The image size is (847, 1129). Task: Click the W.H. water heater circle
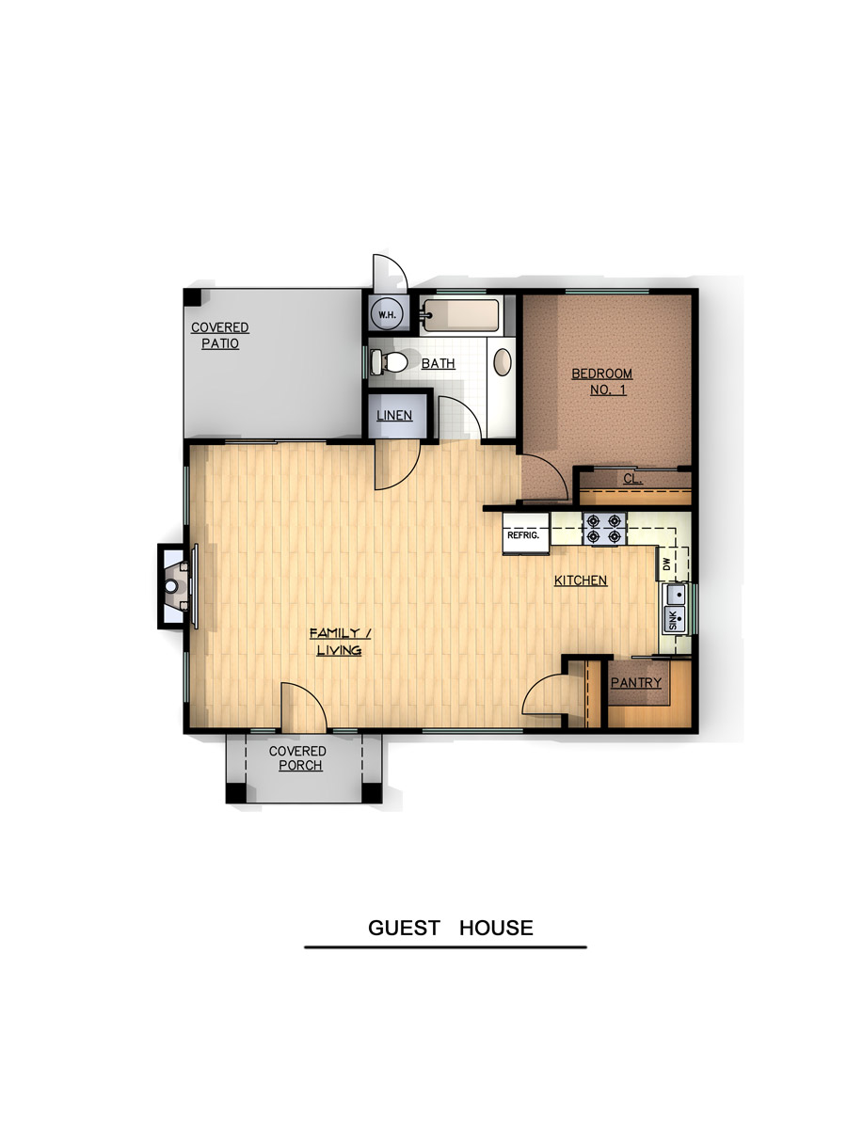point(387,314)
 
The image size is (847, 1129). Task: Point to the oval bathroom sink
point(503,361)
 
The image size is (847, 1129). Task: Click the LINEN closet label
point(394,415)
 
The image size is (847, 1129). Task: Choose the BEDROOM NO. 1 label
point(602,382)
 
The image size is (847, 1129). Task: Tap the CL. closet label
point(632,479)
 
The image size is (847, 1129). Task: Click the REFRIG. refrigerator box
point(525,533)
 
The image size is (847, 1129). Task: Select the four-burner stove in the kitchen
point(604,529)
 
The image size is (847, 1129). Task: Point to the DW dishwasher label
point(667,564)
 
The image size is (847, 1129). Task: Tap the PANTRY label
point(636,683)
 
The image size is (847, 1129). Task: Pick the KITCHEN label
point(581,580)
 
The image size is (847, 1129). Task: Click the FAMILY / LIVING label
point(340,642)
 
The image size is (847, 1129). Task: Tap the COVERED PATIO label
point(220,335)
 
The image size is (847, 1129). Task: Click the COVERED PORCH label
point(297,758)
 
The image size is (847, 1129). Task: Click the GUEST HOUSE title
point(451,928)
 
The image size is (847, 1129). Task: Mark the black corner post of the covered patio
point(193,297)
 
